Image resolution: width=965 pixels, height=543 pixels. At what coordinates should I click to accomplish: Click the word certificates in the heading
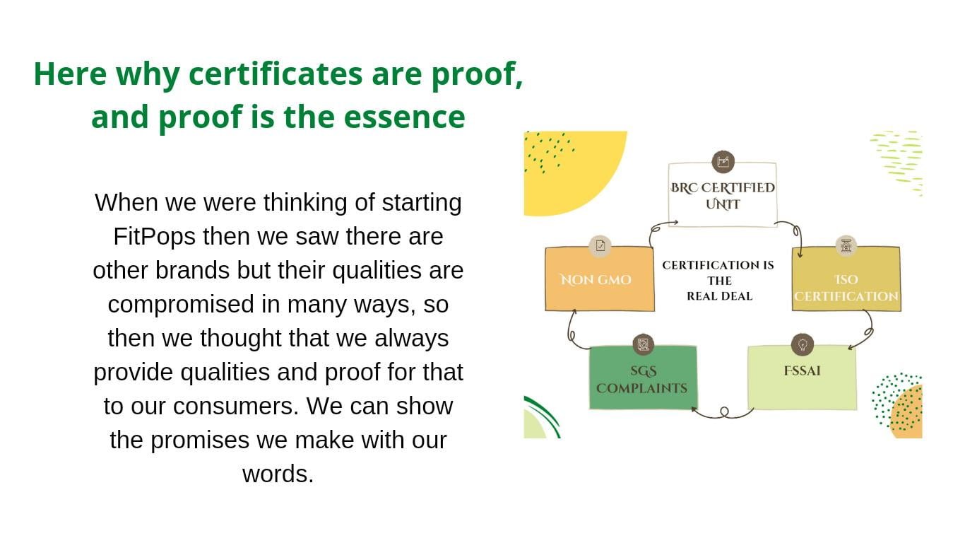pyautogui.click(x=276, y=74)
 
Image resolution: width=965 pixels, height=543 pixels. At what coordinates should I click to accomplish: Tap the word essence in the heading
pyautogui.click(x=405, y=117)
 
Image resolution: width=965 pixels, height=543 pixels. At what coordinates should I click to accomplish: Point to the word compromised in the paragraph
pyautogui.click(x=181, y=305)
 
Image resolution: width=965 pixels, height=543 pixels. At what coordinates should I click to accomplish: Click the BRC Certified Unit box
pyautogui.click(x=723, y=194)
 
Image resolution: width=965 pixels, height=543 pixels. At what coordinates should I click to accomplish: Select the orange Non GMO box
pyautogui.click(x=600, y=279)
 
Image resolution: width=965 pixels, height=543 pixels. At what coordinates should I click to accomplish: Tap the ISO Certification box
pyautogui.click(x=846, y=279)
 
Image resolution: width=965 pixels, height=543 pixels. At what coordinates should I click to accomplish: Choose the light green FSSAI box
pyautogui.click(x=802, y=378)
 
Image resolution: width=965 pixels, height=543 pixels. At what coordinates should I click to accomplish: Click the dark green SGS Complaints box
pyautogui.click(x=643, y=378)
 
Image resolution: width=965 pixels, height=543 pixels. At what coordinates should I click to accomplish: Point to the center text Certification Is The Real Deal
pyautogui.click(x=718, y=281)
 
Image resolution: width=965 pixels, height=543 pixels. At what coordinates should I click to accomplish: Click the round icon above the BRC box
pyautogui.click(x=723, y=162)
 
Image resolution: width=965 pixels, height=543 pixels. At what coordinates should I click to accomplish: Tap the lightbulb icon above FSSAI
pyautogui.click(x=802, y=344)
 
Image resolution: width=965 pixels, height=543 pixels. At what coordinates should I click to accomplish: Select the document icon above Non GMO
pyautogui.click(x=600, y=246)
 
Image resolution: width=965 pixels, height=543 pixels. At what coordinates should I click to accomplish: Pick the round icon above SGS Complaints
pyautogui.click(x=643, y=344)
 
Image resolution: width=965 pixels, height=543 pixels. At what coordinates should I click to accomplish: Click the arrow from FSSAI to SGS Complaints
pyautogui.click(x=723, y=414)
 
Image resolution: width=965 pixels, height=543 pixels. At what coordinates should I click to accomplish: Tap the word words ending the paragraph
pyautogui.click(x=278, y=474)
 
